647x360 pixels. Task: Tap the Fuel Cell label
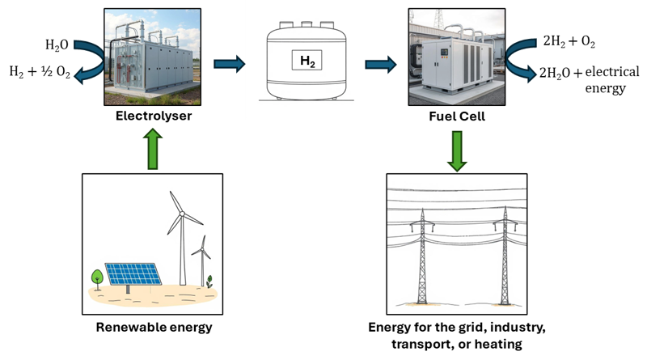457,116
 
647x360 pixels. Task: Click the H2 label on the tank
305,59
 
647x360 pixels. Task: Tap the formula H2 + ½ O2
39,73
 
